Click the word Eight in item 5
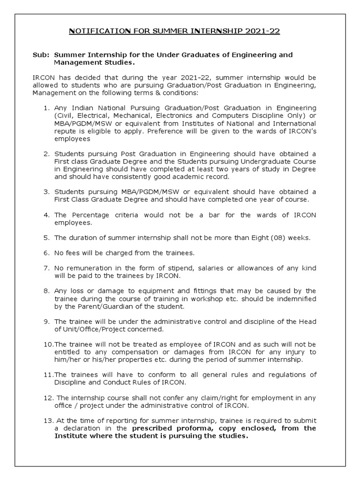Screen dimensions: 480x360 coord(254,238)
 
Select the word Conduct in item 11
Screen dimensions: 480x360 coord(106,382)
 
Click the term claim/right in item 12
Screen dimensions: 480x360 coord(206,397)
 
